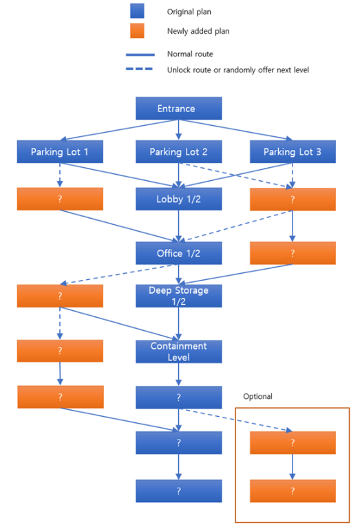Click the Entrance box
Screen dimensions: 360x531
(x=179, y=109)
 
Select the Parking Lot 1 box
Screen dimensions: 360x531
(x=60, y=152)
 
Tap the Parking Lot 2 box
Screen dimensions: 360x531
(x=179, y=152)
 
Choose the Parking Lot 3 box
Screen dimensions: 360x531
(x=293, y=152)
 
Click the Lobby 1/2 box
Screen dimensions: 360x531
(x=179, y=199)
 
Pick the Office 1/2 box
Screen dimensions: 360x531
(x=179, y=253)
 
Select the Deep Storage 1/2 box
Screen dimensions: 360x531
(x=179, y=296)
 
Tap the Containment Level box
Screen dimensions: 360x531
(x=179, y=351)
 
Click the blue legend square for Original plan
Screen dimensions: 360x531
(x=137, y=11)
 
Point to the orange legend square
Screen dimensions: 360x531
(x=137, y=30)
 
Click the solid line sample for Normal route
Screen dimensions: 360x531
(x=140, y=54)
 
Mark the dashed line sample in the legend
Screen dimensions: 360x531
(x=139, y=69)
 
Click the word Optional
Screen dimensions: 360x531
(x=257, y=397)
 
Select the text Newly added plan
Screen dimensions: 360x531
(x=198, y=31)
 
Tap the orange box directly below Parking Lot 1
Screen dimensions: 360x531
(x=60, y=199)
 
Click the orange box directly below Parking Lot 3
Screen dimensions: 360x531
(x=293, y=199)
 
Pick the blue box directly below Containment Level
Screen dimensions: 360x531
(x=179, y=398)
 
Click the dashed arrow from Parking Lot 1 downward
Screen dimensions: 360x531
(x=60, y=175)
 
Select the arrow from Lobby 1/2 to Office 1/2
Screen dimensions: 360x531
(x=179, y=226)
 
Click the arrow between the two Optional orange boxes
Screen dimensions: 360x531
(x=293, y=466)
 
